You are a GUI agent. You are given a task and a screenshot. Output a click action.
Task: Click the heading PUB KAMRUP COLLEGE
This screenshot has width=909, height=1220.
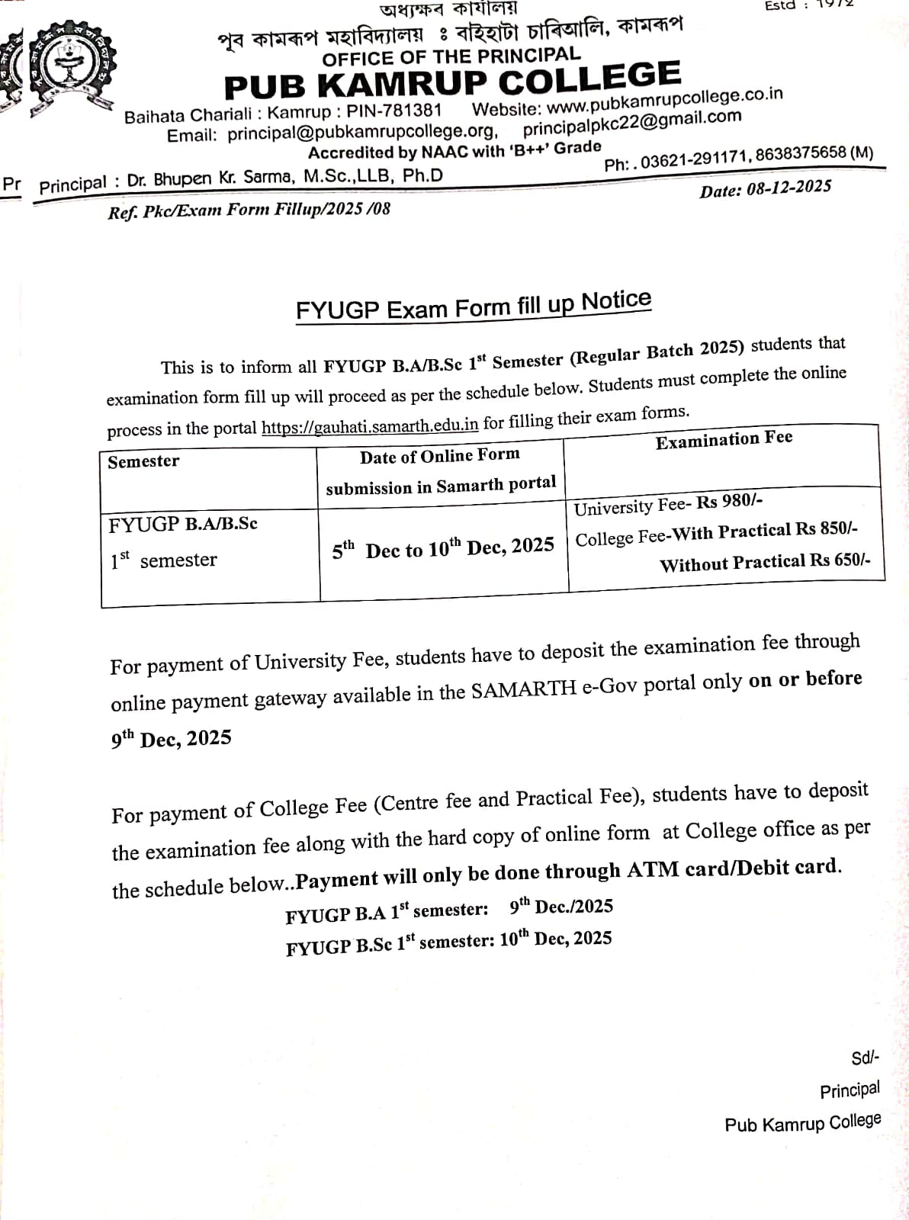[452, 81]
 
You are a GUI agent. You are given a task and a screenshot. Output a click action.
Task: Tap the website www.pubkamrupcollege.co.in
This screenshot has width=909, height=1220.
[664, 100]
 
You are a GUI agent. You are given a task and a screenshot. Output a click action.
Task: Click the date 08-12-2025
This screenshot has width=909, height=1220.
[789, 188]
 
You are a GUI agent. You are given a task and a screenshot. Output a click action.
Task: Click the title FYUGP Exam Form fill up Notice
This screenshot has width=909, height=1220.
[474, 306]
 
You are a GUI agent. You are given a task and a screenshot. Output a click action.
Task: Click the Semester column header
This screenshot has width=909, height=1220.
[143, 461]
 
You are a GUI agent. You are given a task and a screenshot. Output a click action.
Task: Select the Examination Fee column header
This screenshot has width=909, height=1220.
[724, 440]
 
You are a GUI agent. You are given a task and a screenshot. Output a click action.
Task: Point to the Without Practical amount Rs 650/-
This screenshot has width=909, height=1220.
[839, 560]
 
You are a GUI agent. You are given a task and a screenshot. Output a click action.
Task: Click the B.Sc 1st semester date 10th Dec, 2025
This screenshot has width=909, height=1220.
[555, 939]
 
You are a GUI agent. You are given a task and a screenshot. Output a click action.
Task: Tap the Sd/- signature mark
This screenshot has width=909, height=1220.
[865, 1058]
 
